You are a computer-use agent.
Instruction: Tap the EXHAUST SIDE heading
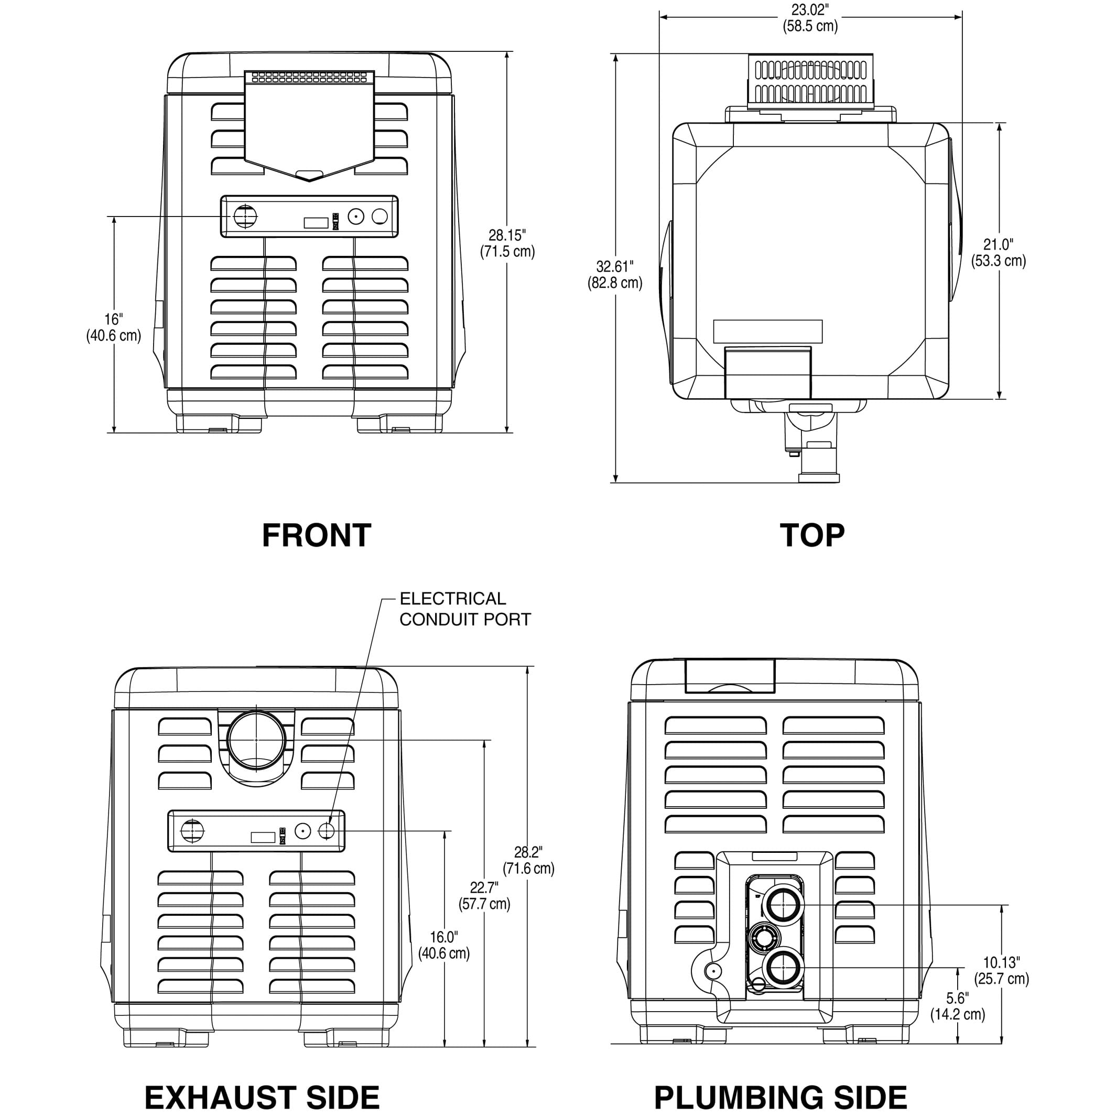262,1097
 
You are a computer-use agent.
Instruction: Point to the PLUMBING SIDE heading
781,1097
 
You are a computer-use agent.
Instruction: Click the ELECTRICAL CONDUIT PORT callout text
464,609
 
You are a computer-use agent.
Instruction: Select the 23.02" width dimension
810,18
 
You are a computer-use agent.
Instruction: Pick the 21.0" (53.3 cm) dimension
998,253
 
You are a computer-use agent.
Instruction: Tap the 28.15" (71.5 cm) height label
507,243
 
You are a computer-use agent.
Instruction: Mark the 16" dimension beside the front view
114,327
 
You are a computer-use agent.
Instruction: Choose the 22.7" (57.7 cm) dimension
484,896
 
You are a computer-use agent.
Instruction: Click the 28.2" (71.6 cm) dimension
528,861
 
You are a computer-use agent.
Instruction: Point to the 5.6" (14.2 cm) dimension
957,1007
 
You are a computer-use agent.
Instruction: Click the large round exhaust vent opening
256,740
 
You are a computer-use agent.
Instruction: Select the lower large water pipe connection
783,967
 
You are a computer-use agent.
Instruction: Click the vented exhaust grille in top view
810,81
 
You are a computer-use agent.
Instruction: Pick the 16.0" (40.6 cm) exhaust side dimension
443,945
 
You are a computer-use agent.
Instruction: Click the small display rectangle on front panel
316,223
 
